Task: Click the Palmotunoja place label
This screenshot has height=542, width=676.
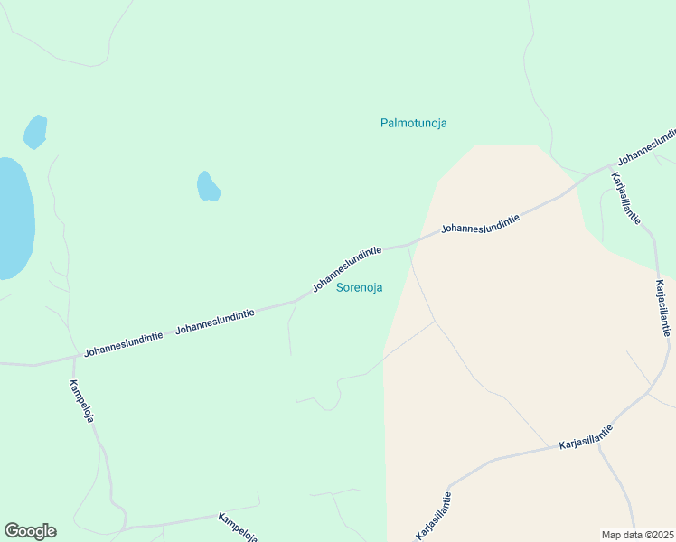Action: [x=414, y=123]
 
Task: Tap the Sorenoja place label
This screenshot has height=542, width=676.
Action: [x=359, y=288]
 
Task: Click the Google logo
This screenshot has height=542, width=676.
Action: [x=30, y=531]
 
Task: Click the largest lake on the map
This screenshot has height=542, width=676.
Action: [x=14, y=217]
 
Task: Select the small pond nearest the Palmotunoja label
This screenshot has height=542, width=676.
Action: [x=208, y=186]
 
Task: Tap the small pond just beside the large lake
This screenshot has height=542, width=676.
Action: [x=35, y=132]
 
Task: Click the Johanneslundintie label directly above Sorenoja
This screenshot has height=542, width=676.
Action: [x=347, y=267]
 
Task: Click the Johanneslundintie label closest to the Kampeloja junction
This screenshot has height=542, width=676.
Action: [x=124, y=342]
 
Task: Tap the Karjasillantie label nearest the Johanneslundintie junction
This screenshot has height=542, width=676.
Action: [x=626, y=197]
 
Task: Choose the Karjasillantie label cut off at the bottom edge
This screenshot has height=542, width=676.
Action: [x=433, y=517]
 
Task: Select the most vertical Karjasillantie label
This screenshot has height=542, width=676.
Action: [x=663, y=307]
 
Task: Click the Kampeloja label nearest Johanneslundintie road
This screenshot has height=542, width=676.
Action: [x=82, y=401]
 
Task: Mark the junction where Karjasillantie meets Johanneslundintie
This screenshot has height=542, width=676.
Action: [x=607, y=169]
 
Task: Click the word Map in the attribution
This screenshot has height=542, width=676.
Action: [x=612, y=535]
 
